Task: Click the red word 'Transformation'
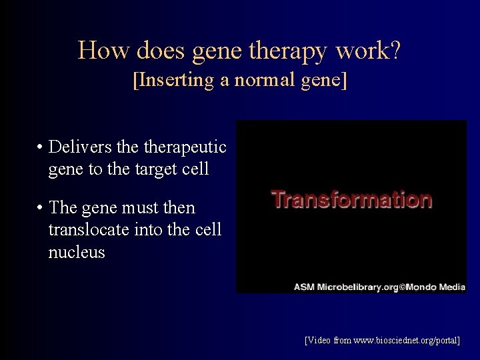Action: click(x=351, y=199)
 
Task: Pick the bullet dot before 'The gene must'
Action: click(x=41, y=208)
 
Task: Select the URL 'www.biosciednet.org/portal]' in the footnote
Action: click(x=407, y=340)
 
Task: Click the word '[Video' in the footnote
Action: click(x=317, y=340)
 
